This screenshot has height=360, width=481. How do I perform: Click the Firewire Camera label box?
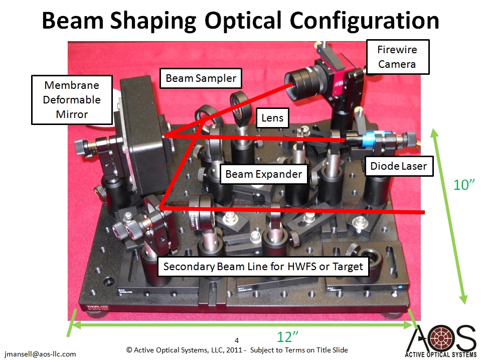tap(398, 57)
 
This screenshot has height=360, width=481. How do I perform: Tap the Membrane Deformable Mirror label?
tap(72, 100)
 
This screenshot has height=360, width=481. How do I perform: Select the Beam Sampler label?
tap(201, 78)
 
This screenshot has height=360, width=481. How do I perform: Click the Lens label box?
tap(272, 117)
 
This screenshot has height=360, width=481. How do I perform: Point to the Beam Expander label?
tap(263, 174)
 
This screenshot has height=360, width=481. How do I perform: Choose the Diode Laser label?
tap(398, 166)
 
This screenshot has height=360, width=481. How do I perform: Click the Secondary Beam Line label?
tap(263, 266)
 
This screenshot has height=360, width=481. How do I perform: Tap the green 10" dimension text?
tap(464, 185)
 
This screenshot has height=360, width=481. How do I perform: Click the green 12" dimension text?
tap(287, 337)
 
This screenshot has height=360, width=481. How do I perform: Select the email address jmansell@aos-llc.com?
tap(40, 354)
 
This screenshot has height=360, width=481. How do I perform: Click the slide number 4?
tap(237, 340)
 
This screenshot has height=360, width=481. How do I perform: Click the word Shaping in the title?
tap(153, 21)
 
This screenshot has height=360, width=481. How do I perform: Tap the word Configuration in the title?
tap(364, 21)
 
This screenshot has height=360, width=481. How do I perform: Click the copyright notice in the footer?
tap(237, 350)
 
